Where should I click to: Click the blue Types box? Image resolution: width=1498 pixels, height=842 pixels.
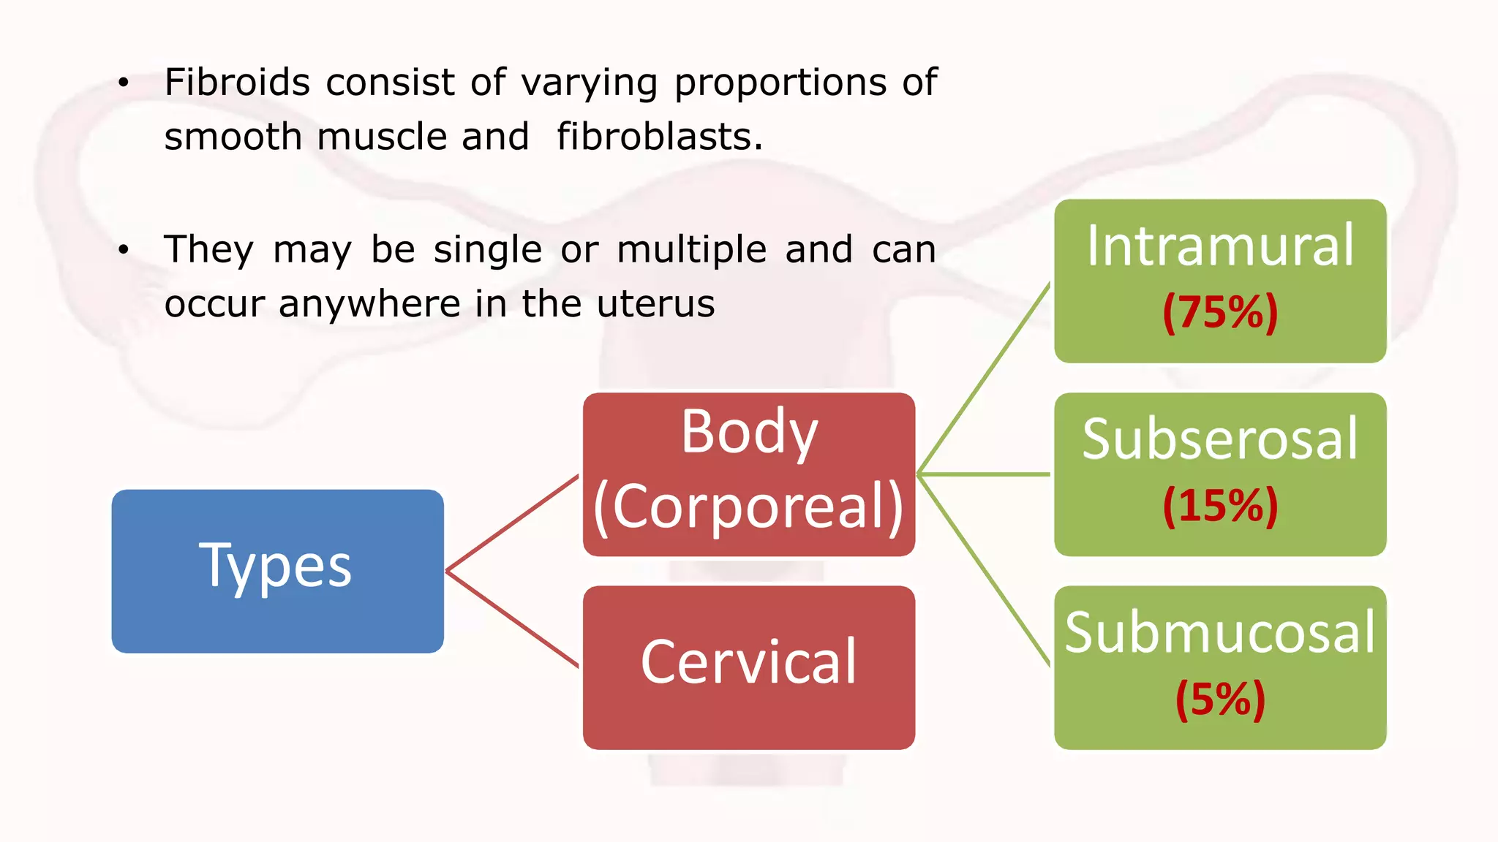[277, 571]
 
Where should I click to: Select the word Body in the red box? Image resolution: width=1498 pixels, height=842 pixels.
[749, 432]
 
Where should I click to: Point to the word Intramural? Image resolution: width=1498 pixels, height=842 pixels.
[1220, 246]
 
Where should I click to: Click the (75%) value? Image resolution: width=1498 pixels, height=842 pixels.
[1220, 313]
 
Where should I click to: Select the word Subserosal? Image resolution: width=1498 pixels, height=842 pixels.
[1220, 439]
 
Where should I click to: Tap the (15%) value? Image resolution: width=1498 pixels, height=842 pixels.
[1220, 505]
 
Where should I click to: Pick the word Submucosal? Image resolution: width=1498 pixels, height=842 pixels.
[1220, 632]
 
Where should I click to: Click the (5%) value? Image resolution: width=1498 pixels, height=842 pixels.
[1220, 699]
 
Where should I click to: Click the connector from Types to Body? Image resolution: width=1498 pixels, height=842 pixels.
[512, 523]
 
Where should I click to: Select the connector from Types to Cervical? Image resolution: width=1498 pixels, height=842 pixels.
[512, 618]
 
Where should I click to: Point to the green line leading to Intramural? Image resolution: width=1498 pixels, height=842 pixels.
[984, 379]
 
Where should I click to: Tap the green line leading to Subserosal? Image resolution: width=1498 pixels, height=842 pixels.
[984, 474]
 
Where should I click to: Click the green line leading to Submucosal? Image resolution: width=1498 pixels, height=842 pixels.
[984, 570]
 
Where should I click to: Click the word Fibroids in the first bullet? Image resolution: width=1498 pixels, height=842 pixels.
[237, 82]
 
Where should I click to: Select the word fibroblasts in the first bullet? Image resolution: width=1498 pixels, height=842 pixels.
[659, 137]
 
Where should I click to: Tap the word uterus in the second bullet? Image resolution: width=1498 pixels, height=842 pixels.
[655, 303]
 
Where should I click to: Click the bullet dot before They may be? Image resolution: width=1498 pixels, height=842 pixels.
[124, 250]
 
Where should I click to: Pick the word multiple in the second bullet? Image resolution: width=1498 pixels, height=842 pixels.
[691, 249]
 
